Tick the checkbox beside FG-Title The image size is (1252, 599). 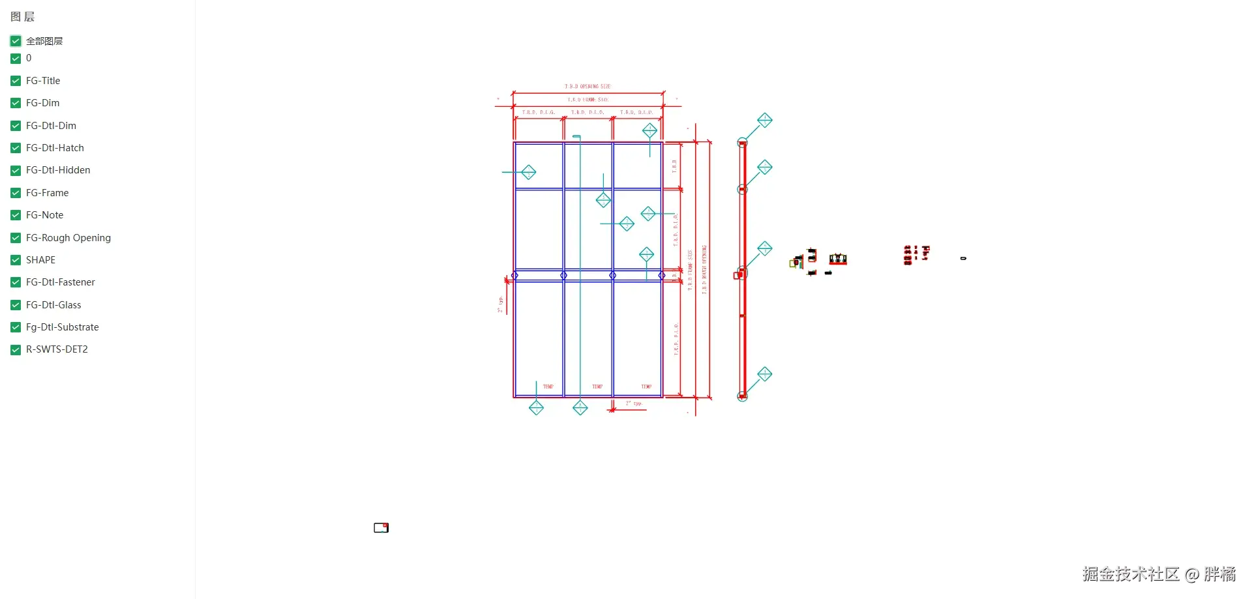point(16,81)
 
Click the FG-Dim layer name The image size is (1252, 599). point(42,103)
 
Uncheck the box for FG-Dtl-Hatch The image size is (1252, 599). point(16,148)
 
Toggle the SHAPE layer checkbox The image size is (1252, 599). point(16,260)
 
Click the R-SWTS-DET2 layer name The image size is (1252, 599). point(57,349)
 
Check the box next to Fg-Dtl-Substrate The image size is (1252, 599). point(16,327)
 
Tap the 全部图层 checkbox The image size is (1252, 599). point(16,41)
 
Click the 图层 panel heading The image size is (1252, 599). point(23,17)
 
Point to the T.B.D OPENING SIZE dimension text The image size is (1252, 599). point(588,87)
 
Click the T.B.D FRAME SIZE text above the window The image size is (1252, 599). point(588,100)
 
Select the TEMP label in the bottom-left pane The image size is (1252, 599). point(548,387)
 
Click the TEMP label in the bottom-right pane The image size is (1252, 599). point(646,387)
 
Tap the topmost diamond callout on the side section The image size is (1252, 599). point(765,121)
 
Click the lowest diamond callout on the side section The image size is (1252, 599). point(765,374)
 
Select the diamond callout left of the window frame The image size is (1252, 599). point(529,172)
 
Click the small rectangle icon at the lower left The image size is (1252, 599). point(381,528)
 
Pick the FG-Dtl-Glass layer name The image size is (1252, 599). point(53,305)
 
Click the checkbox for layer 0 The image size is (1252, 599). point(16,59)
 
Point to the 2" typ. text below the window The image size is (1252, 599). point(634,404)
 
